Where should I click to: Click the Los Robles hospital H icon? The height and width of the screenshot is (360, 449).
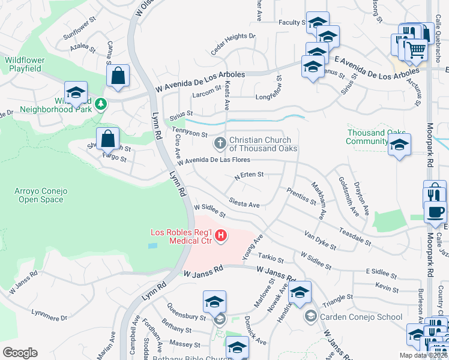pos(221,235)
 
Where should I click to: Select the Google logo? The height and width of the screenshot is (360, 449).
pos(20,353)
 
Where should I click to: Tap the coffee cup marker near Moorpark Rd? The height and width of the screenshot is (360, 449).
pos(436,212)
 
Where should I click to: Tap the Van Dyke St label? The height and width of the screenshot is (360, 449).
pos(320,240)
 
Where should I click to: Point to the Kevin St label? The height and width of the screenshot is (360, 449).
pos(387,290)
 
